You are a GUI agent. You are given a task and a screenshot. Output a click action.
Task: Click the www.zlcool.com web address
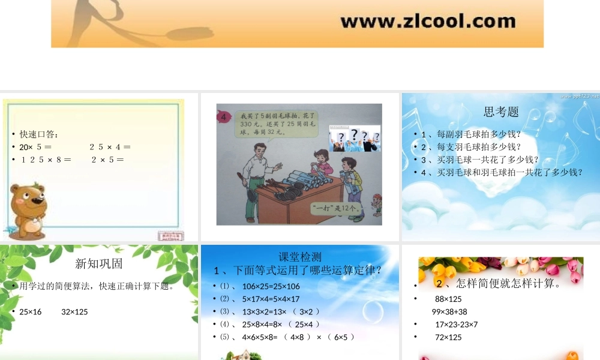(x=428, y=22)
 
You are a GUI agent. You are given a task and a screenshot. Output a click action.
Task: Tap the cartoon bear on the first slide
(x=28, y=211)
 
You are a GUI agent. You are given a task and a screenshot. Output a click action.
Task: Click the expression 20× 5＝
(x=35, y=147)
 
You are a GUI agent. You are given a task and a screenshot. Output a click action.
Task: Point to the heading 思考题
(x=501, y=112)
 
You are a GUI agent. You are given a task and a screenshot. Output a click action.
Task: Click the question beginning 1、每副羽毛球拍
(x=471, y=134)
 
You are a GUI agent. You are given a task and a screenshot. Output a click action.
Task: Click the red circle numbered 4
(x=224, y=118)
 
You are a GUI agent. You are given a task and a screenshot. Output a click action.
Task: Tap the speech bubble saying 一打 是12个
(x=337, y=208)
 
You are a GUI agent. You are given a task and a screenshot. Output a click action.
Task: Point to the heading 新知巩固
(x=99, y=263)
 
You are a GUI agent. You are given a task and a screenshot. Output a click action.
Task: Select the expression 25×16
(x=31, y=312)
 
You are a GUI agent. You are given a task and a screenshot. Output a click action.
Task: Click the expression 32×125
(x=74, y=312)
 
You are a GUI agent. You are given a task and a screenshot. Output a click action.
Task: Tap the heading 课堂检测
(x=300, y=257)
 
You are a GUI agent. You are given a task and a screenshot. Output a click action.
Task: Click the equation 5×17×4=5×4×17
(x=271, y=299)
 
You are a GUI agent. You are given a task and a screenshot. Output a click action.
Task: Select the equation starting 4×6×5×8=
(x=298, y=337)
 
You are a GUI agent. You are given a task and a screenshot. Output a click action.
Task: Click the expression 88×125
(x=448, y=299)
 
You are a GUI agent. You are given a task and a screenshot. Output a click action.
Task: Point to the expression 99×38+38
(x=449, y=312)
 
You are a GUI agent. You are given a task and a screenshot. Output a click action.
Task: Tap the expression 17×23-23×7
(x=456, y=325)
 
